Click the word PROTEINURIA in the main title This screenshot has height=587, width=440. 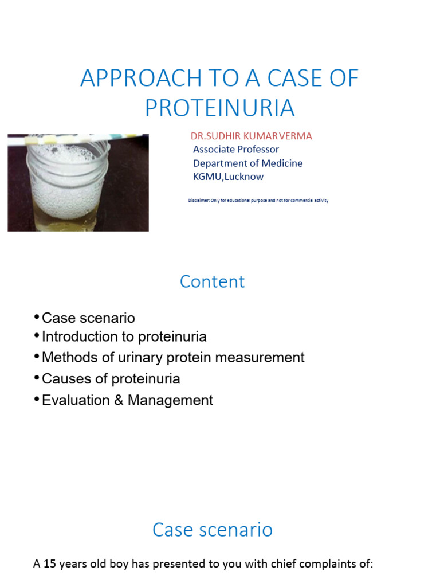(219, 108)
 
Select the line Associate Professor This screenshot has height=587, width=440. (236, 150)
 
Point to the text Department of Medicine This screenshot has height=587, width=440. (247, 163)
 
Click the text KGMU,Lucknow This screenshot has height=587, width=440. (228, 177)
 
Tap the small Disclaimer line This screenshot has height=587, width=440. (258, 201)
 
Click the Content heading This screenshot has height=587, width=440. (212, 281)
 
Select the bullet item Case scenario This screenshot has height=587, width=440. (88, 318)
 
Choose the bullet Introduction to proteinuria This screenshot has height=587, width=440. (124, 336)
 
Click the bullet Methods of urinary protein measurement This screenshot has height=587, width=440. (172, 358)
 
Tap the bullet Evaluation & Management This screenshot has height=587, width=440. (127, 400)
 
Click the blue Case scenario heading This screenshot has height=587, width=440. (212, 530)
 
